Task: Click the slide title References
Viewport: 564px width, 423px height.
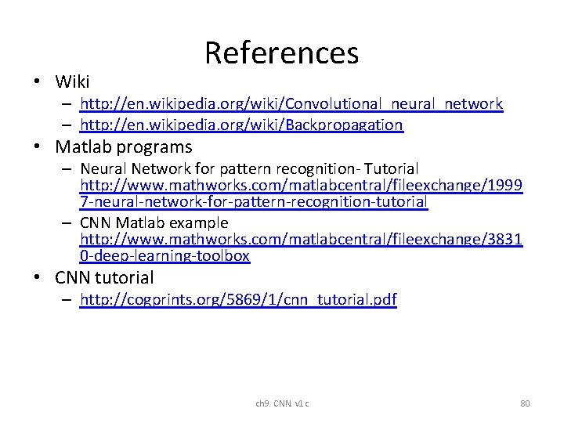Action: pyautogui.click(x=281, y=53)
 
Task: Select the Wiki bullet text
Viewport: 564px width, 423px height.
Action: pyautogui.click(x=72, y=81)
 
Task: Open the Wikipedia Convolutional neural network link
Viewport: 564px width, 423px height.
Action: pyautogui.click(x=291, y=103)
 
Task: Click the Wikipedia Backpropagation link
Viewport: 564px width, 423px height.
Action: pyautogui.click(x=241, y=125)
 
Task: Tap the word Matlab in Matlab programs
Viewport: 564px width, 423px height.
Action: pyautogui.click(x=83, y=146)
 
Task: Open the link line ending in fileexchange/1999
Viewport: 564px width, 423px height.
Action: pyautogui.click(x=302, y=185)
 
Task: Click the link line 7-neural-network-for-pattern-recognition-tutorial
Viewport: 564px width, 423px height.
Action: pyautogui.click(x=254, y=201)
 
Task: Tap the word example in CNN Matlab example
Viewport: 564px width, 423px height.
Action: pyautogui.click(x=199, y=222)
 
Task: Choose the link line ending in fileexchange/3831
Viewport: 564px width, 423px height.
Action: pyautogui.click(x=302, y=239)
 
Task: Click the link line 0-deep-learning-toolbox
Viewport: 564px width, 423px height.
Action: pyautogui.click(x=164, y=255)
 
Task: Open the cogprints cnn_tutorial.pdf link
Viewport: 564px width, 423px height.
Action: pyautogui.click(x=238, y=299)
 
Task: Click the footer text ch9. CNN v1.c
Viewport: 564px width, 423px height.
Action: pyautogui.click(x=282, y=403)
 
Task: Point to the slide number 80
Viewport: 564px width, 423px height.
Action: pyautogui.click(x=525, y=403)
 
